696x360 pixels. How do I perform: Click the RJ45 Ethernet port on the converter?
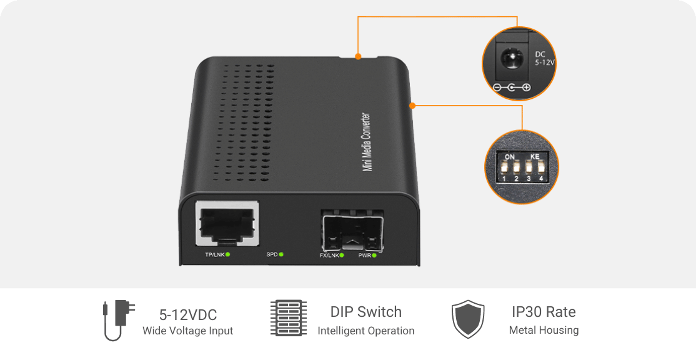[227, 224]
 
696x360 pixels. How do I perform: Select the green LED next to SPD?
[281, 254]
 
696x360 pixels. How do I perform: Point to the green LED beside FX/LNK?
[342, 255]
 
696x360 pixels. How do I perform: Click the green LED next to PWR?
[375, 255]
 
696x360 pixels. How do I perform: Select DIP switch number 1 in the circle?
[505, 168]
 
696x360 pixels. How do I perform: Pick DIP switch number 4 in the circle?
[540, 168]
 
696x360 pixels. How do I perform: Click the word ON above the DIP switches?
[510, 156]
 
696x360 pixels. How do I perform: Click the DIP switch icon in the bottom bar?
[289, 319]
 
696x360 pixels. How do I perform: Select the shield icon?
[468, 319]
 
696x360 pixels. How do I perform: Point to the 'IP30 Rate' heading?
[544, 312]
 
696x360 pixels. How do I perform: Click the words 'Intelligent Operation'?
[366, 331]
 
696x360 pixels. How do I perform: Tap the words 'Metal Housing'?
[544, 330]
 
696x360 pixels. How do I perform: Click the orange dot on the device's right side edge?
[412, 105]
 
